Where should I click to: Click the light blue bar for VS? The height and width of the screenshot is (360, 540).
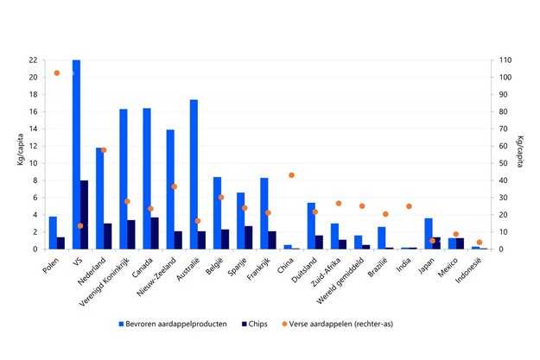point(76,155)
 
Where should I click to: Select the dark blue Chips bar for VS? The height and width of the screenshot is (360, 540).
point(85,215)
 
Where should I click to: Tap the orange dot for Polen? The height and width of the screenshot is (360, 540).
point(57,73)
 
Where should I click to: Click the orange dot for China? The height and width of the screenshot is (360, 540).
point(292,175)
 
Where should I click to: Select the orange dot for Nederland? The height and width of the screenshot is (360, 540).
point(104,150)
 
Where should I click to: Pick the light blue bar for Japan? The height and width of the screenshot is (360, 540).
point(429,234)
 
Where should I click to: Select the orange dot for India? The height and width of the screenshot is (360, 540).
point(410,206)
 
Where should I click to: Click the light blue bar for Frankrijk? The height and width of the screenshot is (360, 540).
point(264,213)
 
